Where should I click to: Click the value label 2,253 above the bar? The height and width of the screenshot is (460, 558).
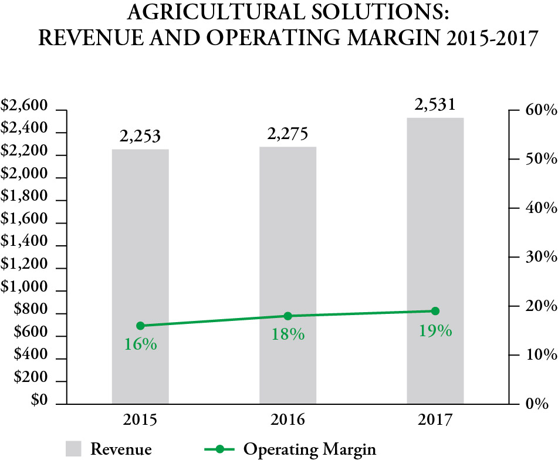[x=140, y=137]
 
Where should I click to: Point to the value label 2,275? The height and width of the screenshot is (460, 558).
[x=288, y=134]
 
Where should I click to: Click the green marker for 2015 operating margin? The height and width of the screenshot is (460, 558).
[x=140, y=326]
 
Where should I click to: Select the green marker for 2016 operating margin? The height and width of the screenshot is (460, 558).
[x=288, y=316]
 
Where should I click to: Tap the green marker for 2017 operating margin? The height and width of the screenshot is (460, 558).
[x=435, y=311]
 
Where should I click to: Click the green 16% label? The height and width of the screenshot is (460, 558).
[x=140, y=344]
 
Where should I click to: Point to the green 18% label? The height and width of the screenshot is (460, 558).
[x=288, y=334]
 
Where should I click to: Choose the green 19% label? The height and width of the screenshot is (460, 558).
[x=435, y=330]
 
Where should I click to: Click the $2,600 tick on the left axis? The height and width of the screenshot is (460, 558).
[x=23, y=106]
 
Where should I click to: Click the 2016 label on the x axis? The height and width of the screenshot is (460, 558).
[x=288, y=420]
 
